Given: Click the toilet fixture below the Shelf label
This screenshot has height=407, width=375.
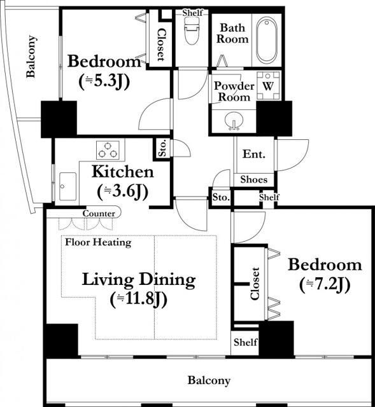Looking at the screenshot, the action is (x=192, y=31).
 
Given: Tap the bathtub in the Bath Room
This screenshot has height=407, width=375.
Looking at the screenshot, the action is (x=266, y=39).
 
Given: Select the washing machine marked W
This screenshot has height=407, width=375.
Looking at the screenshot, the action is (x=268, y=86).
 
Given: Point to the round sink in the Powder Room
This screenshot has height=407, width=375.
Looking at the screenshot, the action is (x=234, y=121).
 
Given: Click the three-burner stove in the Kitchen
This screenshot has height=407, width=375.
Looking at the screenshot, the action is (x=108, y=150).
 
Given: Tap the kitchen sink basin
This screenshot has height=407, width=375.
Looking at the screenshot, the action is (x=67, y=186).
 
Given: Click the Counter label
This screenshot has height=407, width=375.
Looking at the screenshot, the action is (x=99, y=214).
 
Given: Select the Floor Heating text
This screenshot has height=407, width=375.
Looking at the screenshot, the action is (x=98, y=242).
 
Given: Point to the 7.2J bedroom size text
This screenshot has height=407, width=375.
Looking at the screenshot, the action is (x=325, y=285).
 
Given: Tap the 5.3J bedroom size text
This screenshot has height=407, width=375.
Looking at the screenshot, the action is (x=104, y=82).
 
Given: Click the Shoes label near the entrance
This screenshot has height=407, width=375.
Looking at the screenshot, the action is (x=254, y=179).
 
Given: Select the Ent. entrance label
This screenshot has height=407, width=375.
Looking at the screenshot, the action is (x=254, y=154).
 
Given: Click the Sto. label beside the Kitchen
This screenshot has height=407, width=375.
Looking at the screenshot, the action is (x=162, y=148).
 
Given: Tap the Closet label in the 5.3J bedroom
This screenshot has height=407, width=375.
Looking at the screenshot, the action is (x=161, y=45).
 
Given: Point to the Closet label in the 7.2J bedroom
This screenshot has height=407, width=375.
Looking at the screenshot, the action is (x=255, y=284).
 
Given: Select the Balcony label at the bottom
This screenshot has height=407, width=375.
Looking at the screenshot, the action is (x=209, y=380).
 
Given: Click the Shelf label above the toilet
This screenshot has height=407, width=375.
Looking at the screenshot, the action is (x=192, y=13).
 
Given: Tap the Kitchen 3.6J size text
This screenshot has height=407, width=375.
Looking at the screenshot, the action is (x=123, y=191).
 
